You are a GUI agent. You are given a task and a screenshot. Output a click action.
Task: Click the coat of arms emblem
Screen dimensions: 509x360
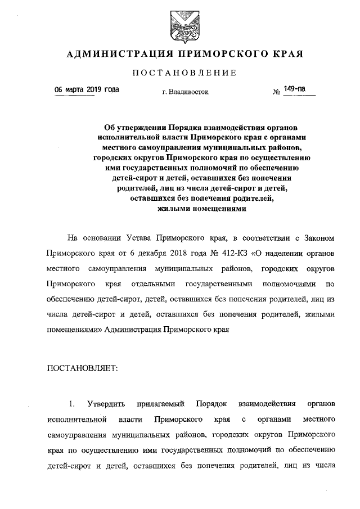(x=180, y=24)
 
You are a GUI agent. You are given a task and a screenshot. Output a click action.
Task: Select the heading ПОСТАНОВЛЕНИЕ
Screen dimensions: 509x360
(x=180, y=73)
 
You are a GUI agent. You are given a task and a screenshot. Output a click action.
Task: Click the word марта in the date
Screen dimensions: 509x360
(x=74, y=89)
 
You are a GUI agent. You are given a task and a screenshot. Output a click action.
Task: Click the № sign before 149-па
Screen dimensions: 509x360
(x=276, y=92)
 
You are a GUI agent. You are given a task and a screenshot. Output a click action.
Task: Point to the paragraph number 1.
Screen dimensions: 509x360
(x=71, y=404)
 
